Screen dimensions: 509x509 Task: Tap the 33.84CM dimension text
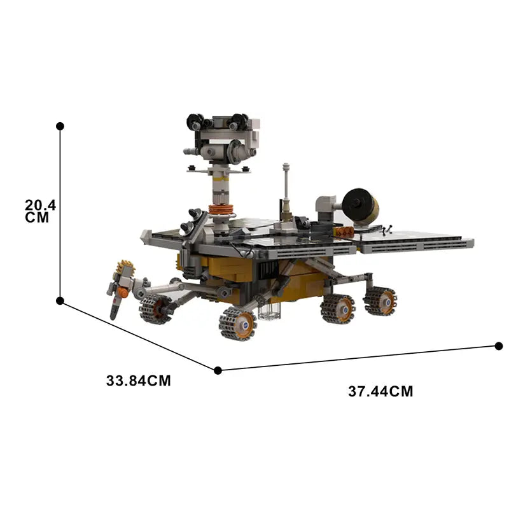point(139,381)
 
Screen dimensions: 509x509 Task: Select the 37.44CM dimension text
point(380,392)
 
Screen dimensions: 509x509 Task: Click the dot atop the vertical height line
point(60,126)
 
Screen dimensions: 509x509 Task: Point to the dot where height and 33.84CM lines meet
point(60,300)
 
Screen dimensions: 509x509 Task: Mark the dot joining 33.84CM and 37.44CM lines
point(218,370)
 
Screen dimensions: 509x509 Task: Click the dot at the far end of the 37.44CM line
point(498,346)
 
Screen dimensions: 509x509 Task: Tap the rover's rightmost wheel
point(380,300)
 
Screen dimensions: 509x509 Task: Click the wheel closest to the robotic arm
point(155,309)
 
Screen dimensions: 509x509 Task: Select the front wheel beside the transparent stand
point(237,323)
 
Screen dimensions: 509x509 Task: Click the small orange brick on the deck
point(345,232)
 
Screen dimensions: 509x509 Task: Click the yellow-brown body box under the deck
point(223,270)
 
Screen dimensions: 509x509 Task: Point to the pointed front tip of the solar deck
point(144,235)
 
